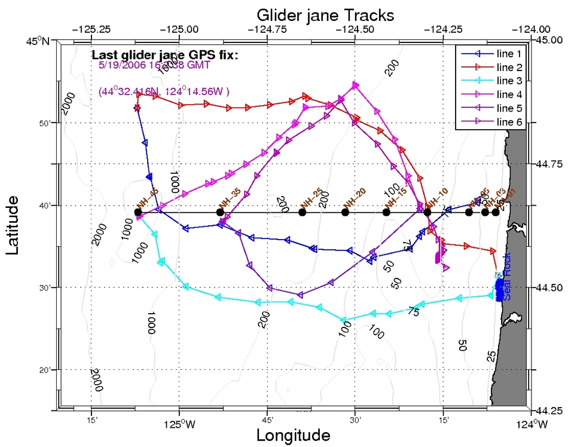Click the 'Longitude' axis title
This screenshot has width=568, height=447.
(x=293, y=434)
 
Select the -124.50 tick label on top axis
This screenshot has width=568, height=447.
(x=356, y=29)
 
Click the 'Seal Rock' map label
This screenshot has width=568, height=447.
(x=506, y=283)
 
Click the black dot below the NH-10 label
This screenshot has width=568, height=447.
(x=427, y=212)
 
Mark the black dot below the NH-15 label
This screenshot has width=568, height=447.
(x=386, y=212)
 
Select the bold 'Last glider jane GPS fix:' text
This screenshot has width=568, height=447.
(x=165, y=55)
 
